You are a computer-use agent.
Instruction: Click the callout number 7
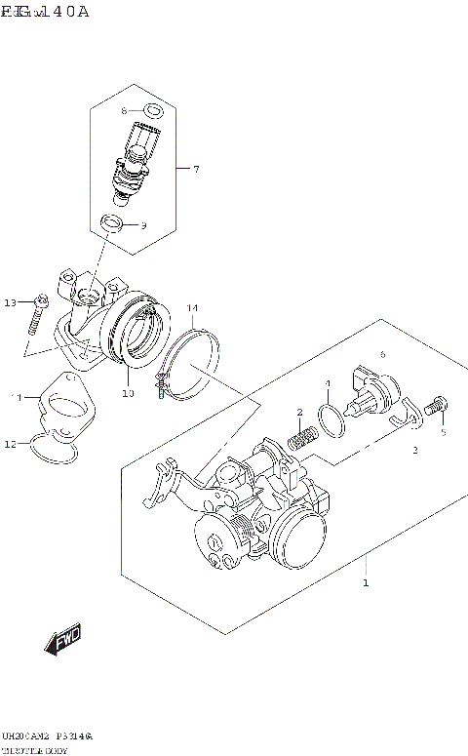coord(195,170)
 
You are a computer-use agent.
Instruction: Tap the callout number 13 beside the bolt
coord(11,303)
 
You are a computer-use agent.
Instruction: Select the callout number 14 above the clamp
coord(192,308)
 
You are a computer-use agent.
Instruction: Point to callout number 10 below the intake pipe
coord(127,394)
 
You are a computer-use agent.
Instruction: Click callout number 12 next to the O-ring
coord(11,445)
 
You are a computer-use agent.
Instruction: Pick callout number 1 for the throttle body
coord(365,583)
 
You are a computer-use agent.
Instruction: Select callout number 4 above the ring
coord(328,383)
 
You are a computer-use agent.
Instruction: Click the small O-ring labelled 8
coord(151,110)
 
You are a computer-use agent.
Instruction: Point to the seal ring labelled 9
coord(114,225)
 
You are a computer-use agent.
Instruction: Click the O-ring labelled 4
coord(331,418)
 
